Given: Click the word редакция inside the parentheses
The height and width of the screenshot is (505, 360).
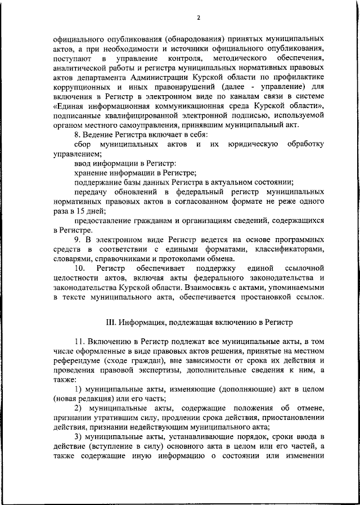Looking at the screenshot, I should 98,399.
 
